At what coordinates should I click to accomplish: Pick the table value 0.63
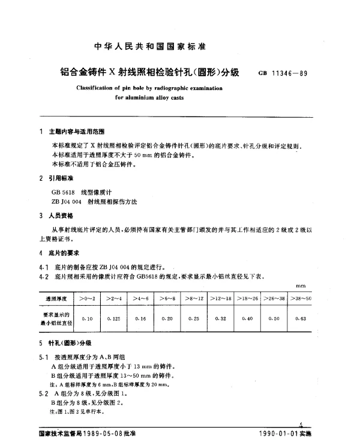(x=300, y=318)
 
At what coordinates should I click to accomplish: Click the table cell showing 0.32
(x=220, y=318)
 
